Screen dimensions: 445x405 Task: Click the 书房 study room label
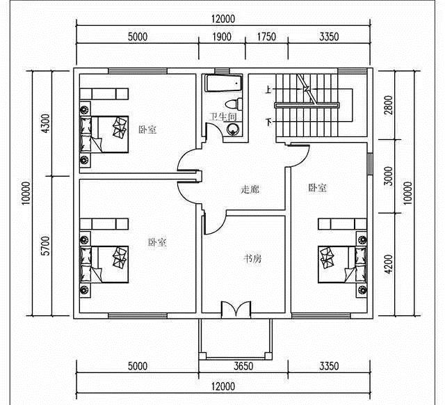click(x=252, y=259)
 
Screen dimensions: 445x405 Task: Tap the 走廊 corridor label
click(x=250, y=189)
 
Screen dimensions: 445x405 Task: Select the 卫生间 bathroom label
click(x=223, y=117)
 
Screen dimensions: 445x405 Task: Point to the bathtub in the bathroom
click(x=223, y=84)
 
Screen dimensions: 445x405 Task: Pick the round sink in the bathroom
click(x=233, y=129)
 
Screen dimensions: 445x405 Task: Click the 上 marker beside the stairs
click(x=268, y=90)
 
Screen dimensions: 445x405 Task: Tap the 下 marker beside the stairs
click(x=268, y=122)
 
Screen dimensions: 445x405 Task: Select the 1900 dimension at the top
click(x=222, y=37)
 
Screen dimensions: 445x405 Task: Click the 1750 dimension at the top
click(x=266, y=37)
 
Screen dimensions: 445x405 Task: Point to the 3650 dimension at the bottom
click(x=243, y=366)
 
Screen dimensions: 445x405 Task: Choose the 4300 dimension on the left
click(x=45, y=123)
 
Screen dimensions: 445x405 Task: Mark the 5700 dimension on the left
click(x=45, y=246)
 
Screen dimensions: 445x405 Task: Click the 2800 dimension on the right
click(x=388, y=105)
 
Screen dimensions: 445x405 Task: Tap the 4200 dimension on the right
click(x=388, y=264)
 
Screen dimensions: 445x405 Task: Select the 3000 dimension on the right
click(x=388, y=176)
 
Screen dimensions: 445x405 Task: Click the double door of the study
click(x=236, y=309)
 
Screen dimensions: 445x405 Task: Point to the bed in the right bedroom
click(x=343, y=264)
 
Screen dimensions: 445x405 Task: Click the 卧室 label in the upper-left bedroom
click(x=147, y=129)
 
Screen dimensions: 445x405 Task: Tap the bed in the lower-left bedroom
click(x=104, y=264)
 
